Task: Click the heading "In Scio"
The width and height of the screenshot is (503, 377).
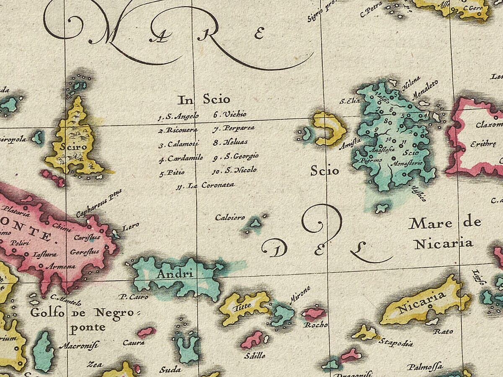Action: (204, 100)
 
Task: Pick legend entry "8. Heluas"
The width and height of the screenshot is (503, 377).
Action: (231, 142)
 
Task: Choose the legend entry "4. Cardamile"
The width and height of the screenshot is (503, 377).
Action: (181, 159)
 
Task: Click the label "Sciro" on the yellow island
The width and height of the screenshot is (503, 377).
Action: (73, 147)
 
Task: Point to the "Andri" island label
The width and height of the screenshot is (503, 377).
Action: (174, 275)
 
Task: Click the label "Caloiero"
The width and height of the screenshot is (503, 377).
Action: (230, 217)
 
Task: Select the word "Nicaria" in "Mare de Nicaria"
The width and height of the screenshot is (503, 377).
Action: (443, 243)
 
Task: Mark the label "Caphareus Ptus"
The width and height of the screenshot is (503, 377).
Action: (99, 204)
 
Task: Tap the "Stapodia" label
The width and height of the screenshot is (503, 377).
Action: (396, 343)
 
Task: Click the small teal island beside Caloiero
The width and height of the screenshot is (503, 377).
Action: (254, 224)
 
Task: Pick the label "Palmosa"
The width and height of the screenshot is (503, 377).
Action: (424, 367)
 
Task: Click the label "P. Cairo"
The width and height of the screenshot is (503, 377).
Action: (133, 297)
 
